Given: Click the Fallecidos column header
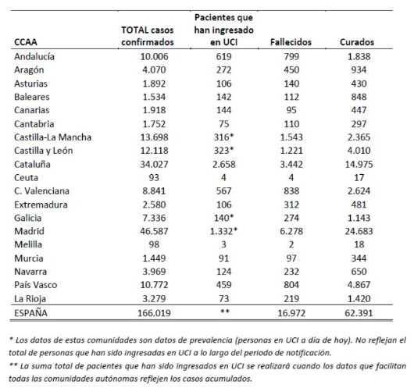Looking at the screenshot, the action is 291,42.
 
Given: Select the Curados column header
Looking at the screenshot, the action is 357,42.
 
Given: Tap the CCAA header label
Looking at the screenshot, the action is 26,42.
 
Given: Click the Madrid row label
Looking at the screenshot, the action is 29,231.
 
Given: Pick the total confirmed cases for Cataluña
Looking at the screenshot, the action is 154,165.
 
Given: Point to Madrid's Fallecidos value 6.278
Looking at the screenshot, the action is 291,231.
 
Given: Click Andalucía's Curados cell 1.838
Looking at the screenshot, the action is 359,56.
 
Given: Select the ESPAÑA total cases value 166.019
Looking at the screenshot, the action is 154,313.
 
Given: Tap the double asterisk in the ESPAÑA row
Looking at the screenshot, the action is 225,311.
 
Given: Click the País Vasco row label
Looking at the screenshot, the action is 36,285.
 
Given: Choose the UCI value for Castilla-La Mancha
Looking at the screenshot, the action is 223,137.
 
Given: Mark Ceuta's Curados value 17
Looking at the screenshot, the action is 359,178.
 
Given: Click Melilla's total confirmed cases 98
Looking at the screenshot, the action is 154,244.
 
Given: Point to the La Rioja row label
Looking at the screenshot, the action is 30,299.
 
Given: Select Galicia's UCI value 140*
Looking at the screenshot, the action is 223,218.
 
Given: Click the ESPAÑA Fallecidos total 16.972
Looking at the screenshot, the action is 291,313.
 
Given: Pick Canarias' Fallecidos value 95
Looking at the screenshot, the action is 291,110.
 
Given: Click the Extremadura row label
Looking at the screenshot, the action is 41,205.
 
